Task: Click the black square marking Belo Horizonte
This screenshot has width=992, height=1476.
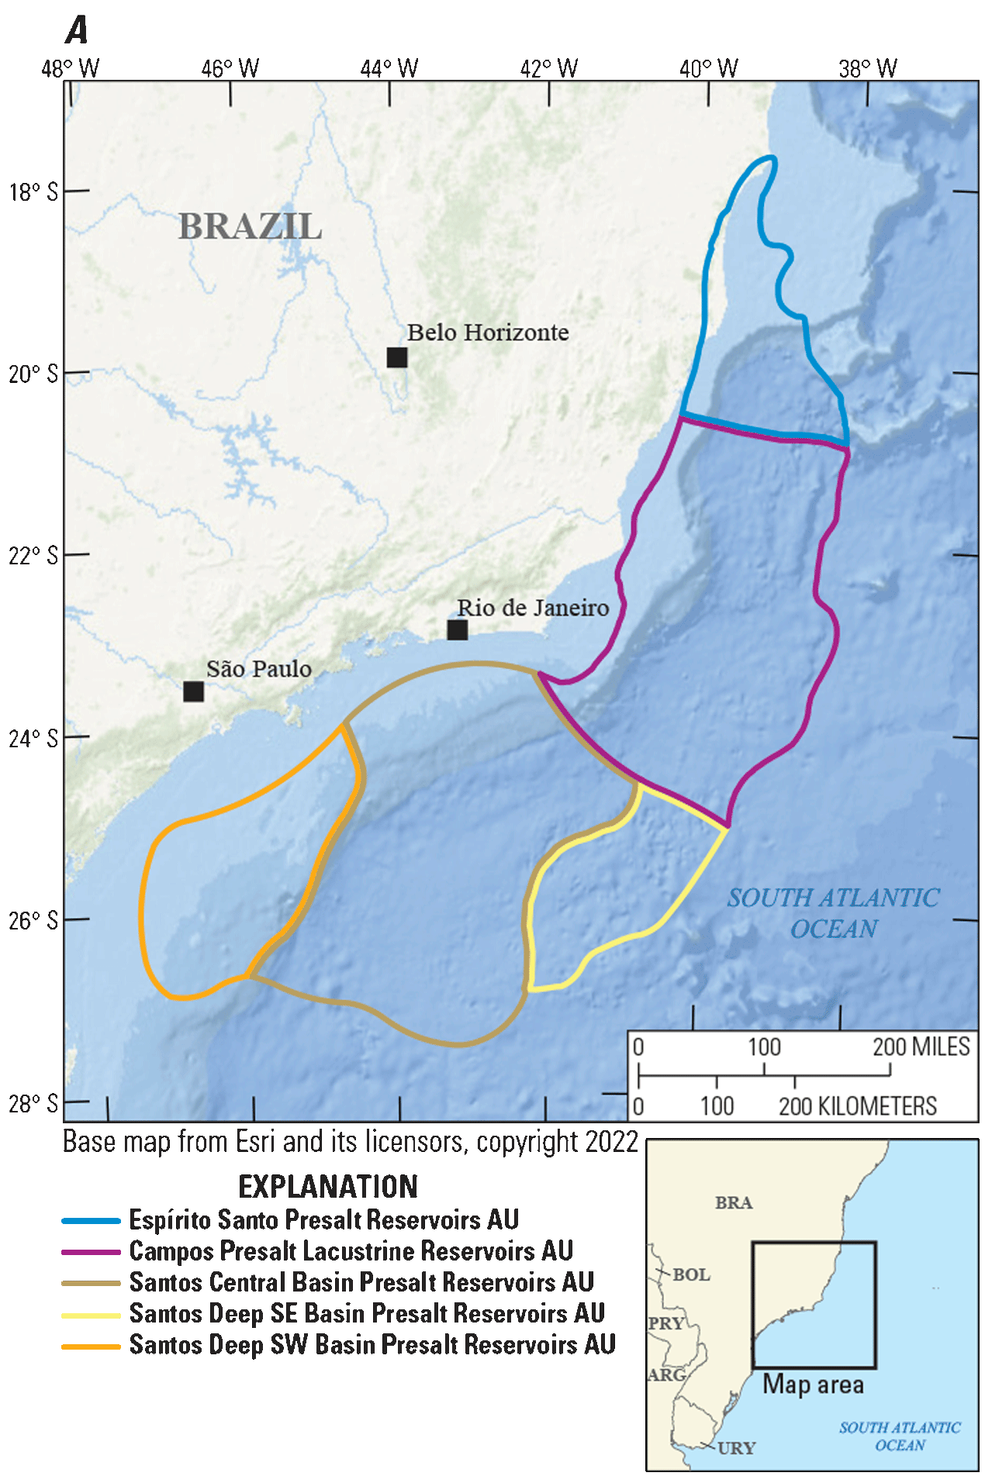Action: click(x=397, y=357)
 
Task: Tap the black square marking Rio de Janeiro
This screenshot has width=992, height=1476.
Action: click(x=458, y=629)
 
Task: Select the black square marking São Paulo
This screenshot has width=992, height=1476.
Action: click(x=194, y=691)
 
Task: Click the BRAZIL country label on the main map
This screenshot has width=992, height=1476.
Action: click(x=250, y=226)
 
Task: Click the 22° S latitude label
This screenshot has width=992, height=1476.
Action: click(x=33, y=556)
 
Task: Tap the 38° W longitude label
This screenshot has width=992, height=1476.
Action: click(x=867, y=69)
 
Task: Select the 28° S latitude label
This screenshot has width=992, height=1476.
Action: click(x=33, y=1103)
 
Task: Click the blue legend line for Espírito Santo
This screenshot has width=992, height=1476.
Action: click(x=92, y=1221)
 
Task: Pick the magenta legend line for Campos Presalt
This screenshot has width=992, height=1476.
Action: click(x=92, y=1252)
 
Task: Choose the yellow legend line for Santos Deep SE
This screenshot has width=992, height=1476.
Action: click(x=92, y=1315)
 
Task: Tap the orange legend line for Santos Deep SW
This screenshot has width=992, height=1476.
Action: click(x=92, y=1347)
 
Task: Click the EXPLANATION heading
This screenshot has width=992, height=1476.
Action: click(x=328, y=1187)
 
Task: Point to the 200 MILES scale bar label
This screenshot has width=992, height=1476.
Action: click(x=921, y=1047)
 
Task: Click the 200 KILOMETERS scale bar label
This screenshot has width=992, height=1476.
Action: click(x=858, y=1106)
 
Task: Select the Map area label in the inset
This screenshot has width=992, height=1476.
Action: click(x=813, y=1385)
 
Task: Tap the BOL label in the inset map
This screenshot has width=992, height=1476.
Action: click(x=691, y=1274)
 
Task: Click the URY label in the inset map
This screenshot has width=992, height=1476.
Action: click(x=736, y=1447)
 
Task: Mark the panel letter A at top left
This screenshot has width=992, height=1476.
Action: click(x=77, y=31)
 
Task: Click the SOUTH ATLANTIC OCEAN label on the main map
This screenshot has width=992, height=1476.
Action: click(x=834, y=912)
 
